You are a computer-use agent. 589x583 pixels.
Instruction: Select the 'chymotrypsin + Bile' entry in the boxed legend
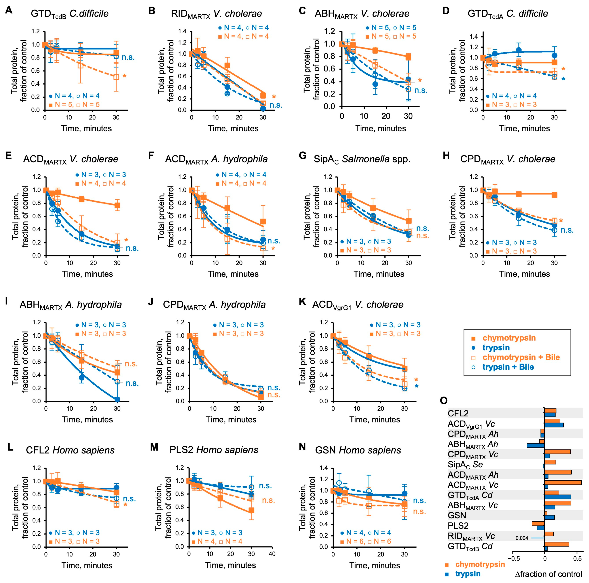point(521,357)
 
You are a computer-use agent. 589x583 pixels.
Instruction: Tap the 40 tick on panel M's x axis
point(272,554)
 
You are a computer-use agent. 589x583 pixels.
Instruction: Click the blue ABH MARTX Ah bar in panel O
point(536,445)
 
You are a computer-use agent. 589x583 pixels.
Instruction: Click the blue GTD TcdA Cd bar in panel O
point(558,497)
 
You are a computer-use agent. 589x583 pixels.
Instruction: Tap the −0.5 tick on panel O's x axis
point(513,559)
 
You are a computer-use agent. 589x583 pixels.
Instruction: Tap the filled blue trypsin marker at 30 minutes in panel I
point(117,400)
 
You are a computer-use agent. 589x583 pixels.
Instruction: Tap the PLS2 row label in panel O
point(458,526)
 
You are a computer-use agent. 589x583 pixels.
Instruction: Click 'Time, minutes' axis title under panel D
point(524,128)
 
